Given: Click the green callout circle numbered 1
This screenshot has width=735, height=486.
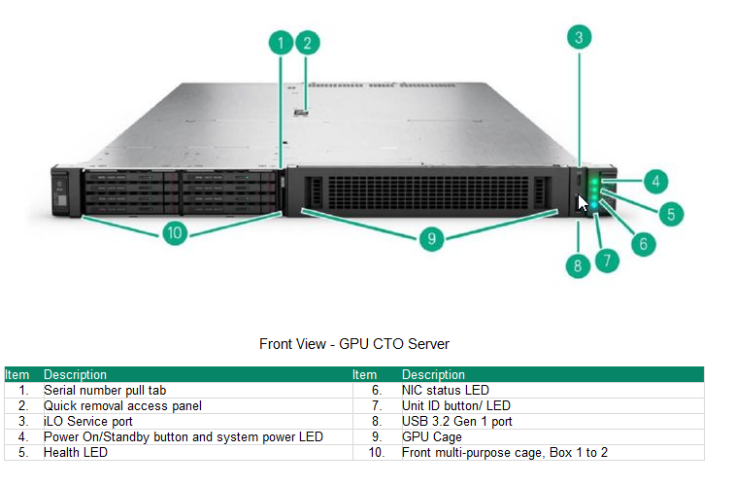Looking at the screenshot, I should pyautogui.click(x=281, y=42).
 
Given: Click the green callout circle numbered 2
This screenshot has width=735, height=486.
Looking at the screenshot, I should pyautogui.click(x=307, y=42).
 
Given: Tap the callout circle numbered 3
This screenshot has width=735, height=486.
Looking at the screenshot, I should pyautogui.click(x=579, y=37).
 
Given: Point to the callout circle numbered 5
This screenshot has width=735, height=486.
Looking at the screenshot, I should pyautogui.click(x=670, y=213).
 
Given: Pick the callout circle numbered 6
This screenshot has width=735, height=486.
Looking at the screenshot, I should pyautogui.click(x=642, y=243).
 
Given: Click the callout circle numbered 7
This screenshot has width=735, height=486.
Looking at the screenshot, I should pyautogui.click(x=606, y=260).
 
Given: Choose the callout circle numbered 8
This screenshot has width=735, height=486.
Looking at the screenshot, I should pyautogui.click(x=578, y=263).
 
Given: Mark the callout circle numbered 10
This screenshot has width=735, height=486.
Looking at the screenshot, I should pyautogui.click(x=175, y=233).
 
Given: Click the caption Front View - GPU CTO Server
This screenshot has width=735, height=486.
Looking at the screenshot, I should pyautogui.click(x=354, y=344).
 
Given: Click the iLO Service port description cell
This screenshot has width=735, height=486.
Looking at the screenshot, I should pyautogui.click(x=88, y=421).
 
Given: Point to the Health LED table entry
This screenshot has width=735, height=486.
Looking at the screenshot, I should pyautogui.click(x=75, y=452).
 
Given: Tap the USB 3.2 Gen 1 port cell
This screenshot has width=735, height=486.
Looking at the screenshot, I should pyautogui.click(x=456, y=421).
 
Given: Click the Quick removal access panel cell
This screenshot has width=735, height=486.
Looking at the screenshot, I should pyautogui.click(x=122, y=405).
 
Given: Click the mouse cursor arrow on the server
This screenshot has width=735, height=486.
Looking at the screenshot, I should pyautogui.click(x=583, y=203).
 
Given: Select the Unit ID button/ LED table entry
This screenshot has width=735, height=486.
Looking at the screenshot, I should pyautogui.click(x=455, y=405).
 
